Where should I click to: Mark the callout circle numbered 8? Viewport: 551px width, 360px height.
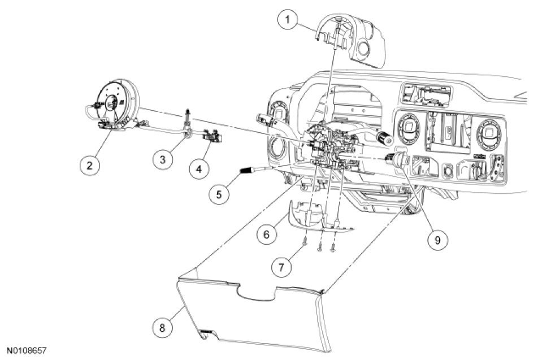[162, 327]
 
